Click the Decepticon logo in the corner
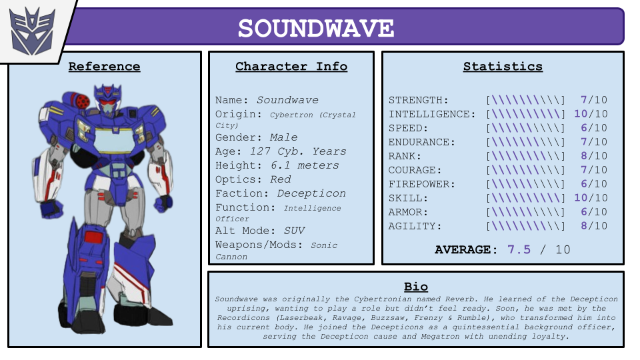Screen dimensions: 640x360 click(32, 31)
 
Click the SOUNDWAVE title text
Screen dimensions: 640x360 click(316, 28)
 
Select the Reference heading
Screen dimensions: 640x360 click(104, 66)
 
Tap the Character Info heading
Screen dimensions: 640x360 click(291, 66)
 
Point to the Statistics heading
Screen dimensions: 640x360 click(503, 66)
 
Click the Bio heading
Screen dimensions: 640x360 click(416, 287)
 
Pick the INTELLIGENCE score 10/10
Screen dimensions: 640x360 click(591, 114)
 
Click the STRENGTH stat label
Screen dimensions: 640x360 click(419, 100)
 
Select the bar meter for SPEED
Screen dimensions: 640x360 click(526, 128)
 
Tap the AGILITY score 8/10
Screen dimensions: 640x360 click(594, 226)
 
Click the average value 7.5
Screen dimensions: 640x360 click(519, 249)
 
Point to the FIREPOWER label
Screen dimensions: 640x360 click(421, 184)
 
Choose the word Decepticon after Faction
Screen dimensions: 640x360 click(311, 193)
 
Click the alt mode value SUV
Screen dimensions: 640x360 click(294, 231)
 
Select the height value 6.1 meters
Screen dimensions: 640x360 click(305, 165)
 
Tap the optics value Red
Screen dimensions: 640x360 click(281, 179)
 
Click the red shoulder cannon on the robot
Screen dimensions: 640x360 click(80, 101)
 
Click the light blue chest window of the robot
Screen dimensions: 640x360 click(114, 140)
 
